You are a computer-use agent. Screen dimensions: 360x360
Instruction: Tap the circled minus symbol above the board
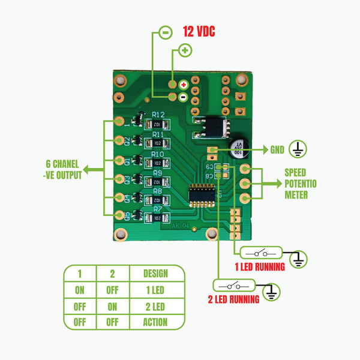pos(164,32)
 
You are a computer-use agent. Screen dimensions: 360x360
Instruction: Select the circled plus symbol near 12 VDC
pos(185,50)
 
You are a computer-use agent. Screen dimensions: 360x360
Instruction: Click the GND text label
pos(277,150)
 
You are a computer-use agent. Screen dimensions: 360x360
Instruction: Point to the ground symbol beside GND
pos(298,149)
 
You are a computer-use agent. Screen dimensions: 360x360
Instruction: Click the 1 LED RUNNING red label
pos(259,267)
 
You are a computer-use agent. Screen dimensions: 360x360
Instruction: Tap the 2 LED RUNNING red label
pos(233,299)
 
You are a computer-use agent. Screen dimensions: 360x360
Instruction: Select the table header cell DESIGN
pos(155,274)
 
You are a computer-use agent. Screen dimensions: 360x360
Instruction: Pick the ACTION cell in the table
pos(155,322)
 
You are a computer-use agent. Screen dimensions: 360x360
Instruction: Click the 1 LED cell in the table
pos(155,290)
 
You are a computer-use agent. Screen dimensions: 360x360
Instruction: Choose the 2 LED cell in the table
pos(155,306)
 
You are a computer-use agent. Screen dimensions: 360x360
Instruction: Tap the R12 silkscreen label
pos(158,114)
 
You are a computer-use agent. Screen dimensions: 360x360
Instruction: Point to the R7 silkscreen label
pos(158,209)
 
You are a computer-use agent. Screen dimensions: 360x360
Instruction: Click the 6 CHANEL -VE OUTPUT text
pos(62,169)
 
